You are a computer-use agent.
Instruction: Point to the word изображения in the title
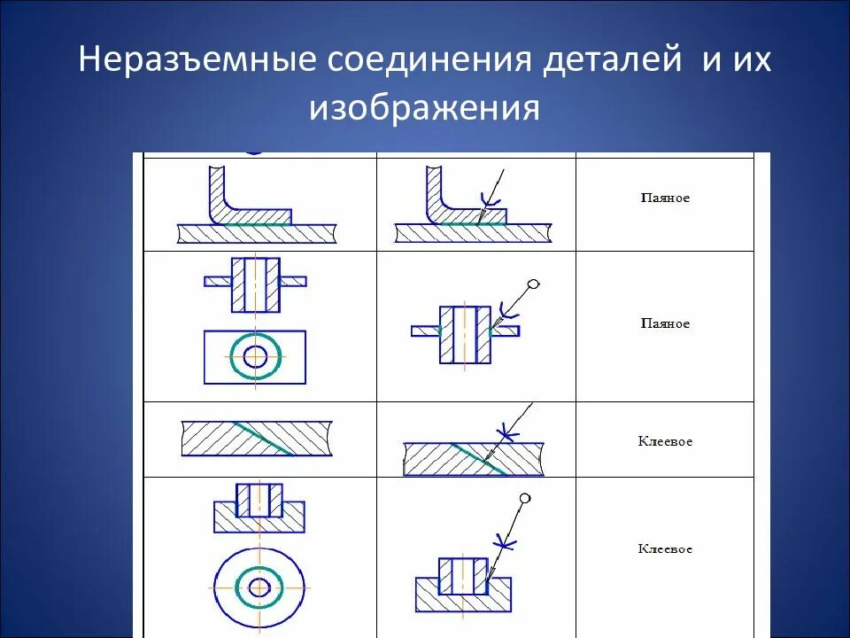tap(424, 108)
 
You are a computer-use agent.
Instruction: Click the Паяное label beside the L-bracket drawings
tap(665, 198)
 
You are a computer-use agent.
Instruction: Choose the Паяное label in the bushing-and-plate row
tap(665, 323)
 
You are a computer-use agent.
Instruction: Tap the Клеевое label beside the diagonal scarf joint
tap(665, 441)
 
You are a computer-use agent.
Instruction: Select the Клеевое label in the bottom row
tap(665, 549)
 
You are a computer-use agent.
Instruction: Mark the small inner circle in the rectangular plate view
tap(256, 357)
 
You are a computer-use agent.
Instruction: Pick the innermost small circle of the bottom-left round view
tap(259, 587)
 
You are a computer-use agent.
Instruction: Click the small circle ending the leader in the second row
tap(532, 284)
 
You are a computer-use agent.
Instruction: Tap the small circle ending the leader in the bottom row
tap(526, 498)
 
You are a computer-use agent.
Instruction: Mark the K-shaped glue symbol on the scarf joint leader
tap(507, 432)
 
